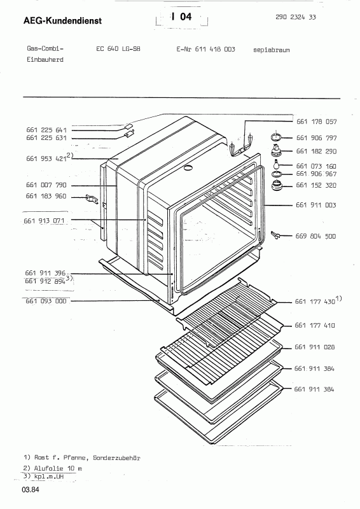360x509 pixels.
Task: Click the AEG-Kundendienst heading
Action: (63, 21)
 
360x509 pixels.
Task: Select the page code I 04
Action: (182, 17)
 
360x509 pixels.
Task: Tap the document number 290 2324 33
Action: (295, 17)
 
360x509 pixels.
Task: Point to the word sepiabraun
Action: (272, 50)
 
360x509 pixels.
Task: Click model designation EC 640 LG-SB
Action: (118, 49)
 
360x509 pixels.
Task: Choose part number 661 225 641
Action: (46, 130)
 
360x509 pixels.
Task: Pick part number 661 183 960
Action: (46, 196)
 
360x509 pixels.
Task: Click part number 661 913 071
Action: (44, 221)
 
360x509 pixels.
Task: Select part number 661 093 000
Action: (46, 301)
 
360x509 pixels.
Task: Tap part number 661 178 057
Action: (317, 122)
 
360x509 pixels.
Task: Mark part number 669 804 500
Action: (315, 236)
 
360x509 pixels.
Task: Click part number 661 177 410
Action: (315, 325)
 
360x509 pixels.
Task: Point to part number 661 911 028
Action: (315, 347)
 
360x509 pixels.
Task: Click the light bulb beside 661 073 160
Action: (277, 164)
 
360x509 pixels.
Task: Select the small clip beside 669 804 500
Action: (275, 234)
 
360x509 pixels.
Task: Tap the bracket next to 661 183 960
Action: (92, 199)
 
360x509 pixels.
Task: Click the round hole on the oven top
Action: (188, 167)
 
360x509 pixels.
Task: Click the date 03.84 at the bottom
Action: (31, 489)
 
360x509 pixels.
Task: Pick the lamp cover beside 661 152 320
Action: (277, 186)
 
